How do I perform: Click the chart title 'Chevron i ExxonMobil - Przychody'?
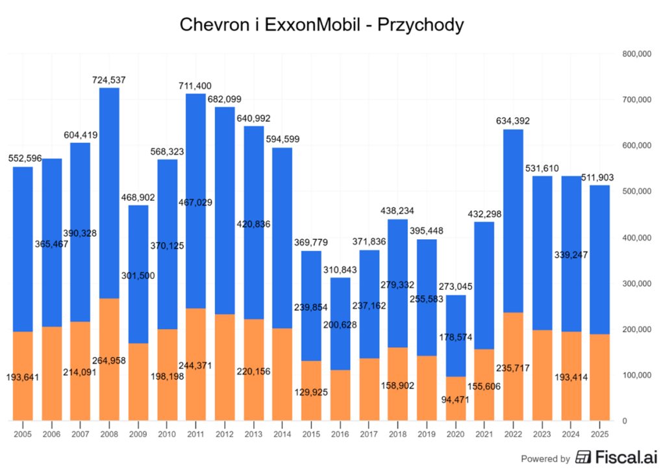(x=321, y=25)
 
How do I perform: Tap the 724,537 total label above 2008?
(x=108, y=80)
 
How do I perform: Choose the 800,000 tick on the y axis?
(x=636, y=54)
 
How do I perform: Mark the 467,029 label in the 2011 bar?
(x=195, y=203)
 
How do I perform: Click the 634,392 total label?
(x=513, y=121)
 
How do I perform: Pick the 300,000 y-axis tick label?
(x=636, y=283)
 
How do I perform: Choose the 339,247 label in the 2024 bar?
(x=571, y=255)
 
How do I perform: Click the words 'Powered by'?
(x=546, y=458)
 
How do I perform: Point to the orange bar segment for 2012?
(x=225, y=367)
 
